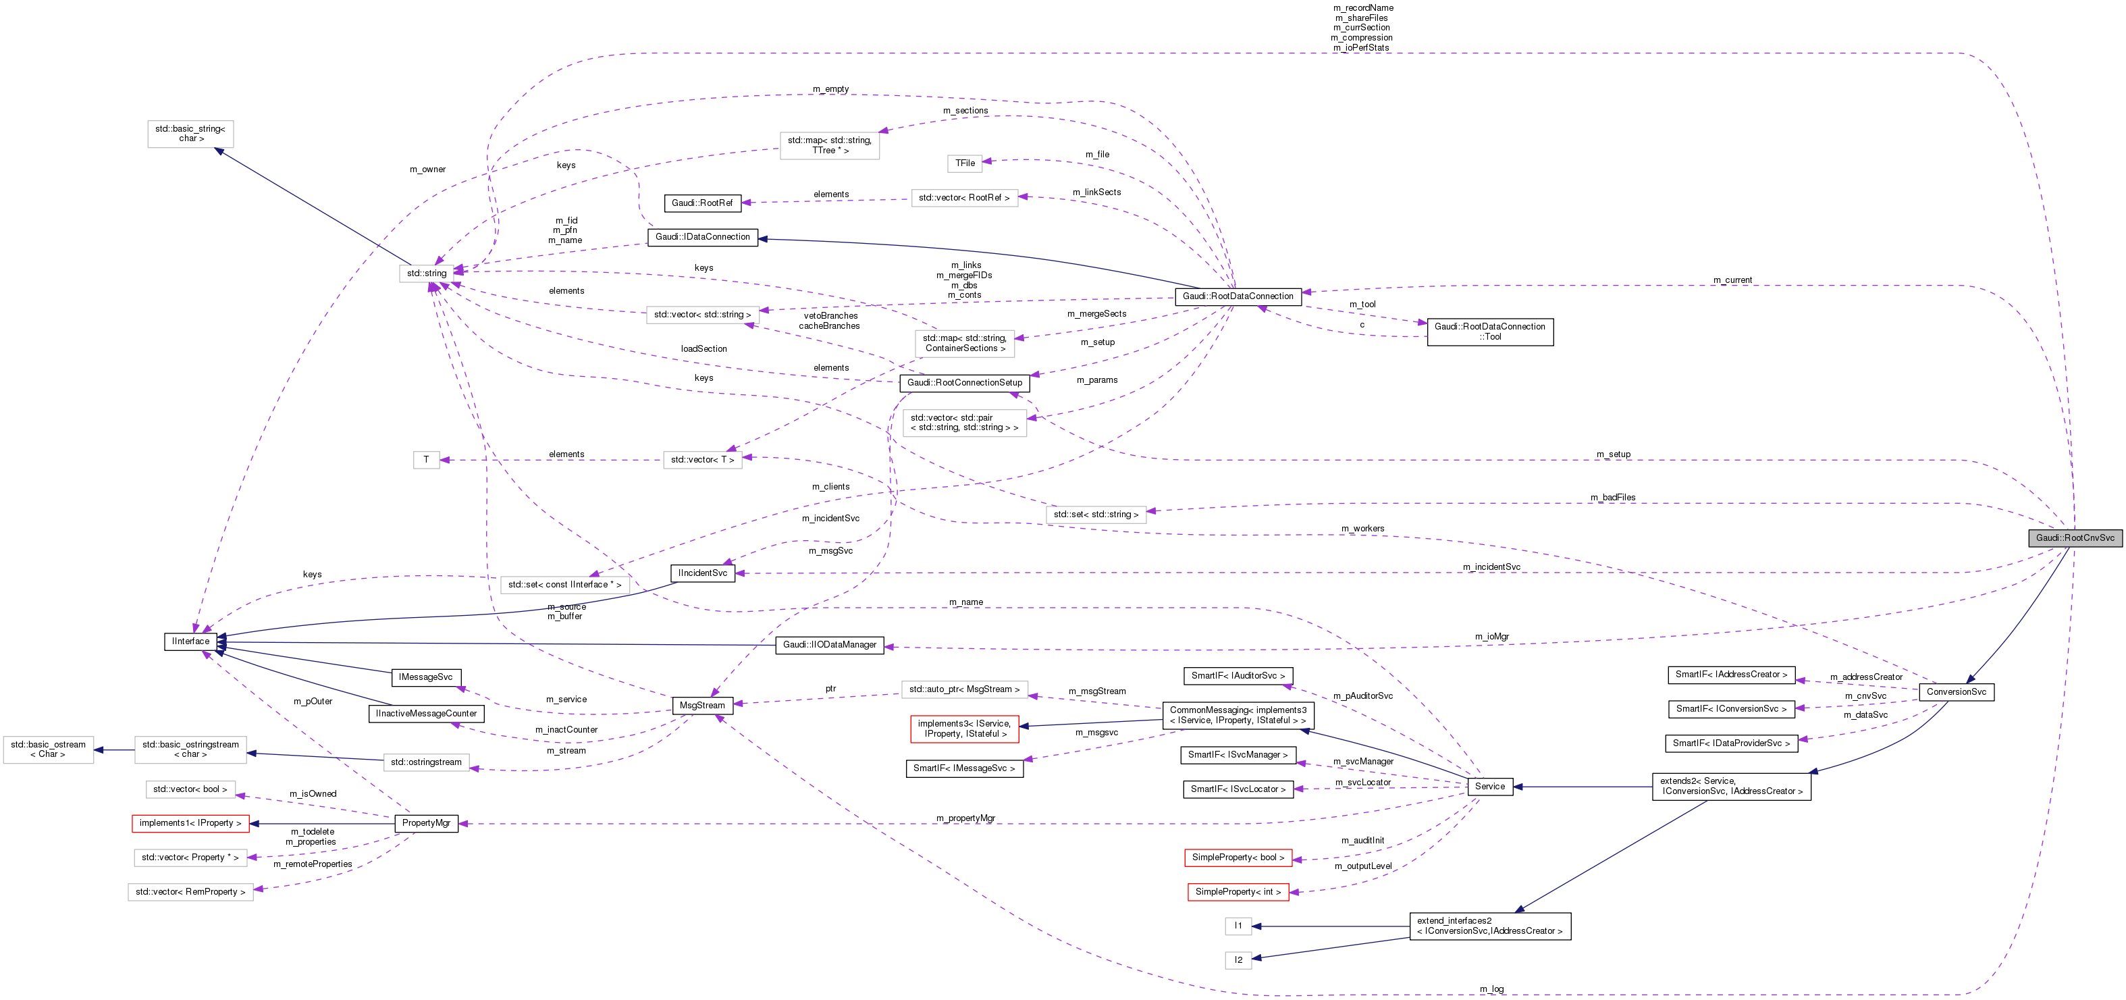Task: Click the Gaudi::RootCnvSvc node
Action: (2074, 538)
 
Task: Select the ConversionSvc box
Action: (1956, 691)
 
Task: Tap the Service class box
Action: (1490, 787)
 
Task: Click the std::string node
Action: (426, 273)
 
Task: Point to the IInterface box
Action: (190, 641)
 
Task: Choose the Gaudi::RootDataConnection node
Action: (1238, 296)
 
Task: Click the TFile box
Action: (965, 163)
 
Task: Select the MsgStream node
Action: (701, 706)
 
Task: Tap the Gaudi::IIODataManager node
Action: (830, 644)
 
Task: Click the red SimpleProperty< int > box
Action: (1238, 892)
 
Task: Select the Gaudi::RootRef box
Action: (701, 203)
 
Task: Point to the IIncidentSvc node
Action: (702, 573)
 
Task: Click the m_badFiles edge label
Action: (1613, 498)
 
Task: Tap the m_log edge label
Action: (1491, 989)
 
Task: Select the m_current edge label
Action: (1732, 280)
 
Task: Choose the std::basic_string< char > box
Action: (190, 134)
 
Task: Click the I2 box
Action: (1238, 959)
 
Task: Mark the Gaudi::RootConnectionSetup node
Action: (964, 383)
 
